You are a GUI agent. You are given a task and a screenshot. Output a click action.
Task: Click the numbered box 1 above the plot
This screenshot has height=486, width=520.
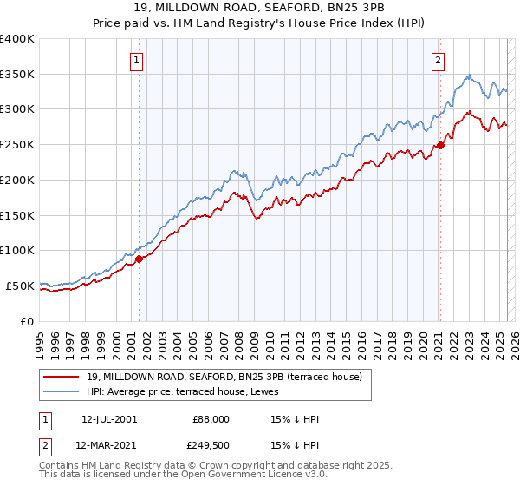pos(138,60)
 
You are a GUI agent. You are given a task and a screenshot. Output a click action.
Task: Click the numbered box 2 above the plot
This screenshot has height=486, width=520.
pos(439,60)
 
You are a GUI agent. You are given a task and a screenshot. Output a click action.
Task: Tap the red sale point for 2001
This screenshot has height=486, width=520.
pos(139,258)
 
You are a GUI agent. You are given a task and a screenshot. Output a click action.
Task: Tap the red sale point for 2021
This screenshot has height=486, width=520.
pos(440,145)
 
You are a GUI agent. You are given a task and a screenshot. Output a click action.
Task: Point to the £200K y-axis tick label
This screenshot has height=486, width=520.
pos(17,180)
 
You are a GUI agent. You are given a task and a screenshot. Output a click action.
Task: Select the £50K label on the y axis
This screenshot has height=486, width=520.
pos(20,286)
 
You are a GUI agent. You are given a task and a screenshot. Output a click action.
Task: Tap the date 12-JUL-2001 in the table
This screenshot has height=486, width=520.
pos(108,419)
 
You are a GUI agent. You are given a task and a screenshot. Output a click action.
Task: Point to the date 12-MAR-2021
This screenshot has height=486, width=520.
pos(109,446)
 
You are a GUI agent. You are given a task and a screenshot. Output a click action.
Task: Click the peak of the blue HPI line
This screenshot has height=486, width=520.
pos(468,75)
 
